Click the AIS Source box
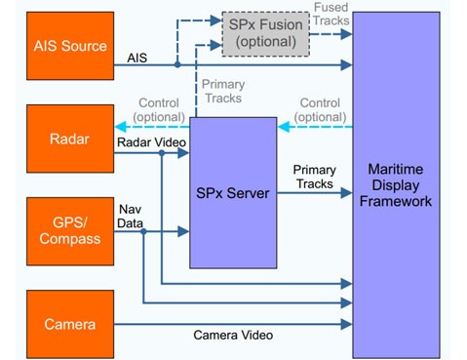70,46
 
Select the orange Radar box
70,140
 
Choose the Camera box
70,324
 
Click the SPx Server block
232,193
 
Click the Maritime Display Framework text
395,185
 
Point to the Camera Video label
232,336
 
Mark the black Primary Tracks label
314,177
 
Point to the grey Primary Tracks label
223,92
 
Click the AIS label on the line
137,59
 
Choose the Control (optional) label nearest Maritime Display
320,110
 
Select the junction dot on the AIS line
176,65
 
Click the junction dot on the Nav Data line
143,232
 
